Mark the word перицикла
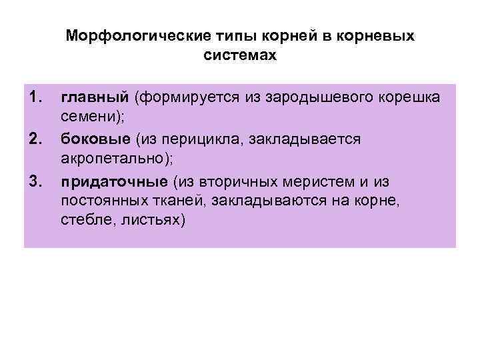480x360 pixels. pyautogui.click(x=186, y=139)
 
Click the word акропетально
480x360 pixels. pyautogui.click(x=114, y=159)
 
